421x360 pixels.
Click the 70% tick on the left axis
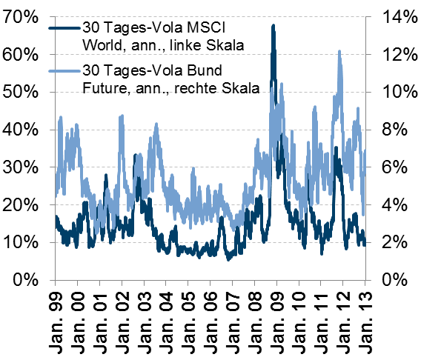coord(19,17)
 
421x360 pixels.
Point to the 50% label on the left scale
coord(19,92)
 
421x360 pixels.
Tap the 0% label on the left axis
coord(25,280)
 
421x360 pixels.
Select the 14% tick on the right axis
coord(400,17)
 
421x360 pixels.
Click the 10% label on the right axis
coord(400,92)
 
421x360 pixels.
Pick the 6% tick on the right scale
coord(394,167)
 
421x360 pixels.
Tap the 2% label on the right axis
coord(394,242)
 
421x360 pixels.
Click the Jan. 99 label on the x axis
coord(56,323)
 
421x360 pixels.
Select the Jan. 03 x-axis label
coord(145,323)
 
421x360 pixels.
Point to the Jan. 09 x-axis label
coord(276,323)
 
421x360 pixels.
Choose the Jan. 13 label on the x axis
coord(365,323)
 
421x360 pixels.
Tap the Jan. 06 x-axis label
coord(210,323)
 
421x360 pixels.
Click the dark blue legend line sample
coord(64,28)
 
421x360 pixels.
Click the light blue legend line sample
coord(64,71)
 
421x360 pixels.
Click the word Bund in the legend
coord(205,70)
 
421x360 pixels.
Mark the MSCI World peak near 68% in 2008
coord(274,26)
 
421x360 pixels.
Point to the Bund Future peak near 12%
coord(339,51)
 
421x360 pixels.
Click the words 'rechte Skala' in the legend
coord(216,88)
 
